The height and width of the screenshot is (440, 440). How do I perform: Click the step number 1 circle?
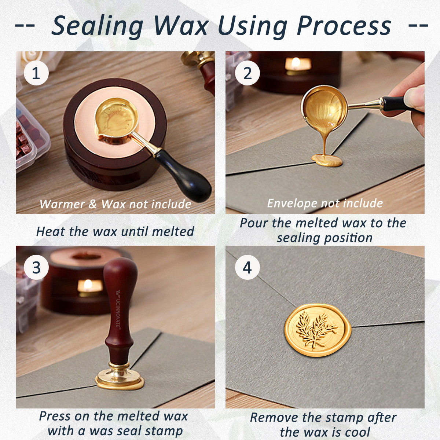(36, 73)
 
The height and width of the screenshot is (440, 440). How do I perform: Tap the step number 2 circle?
(247, 73)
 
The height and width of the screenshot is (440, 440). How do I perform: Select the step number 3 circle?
(36, 267)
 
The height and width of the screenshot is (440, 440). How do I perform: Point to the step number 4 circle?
(247, 267)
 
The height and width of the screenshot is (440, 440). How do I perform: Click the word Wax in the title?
(181, 26)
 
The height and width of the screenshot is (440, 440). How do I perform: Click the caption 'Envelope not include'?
(325, 203)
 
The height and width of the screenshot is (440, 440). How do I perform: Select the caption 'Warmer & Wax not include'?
(115, 204)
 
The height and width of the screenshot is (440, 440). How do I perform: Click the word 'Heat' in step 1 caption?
(51, 231)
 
